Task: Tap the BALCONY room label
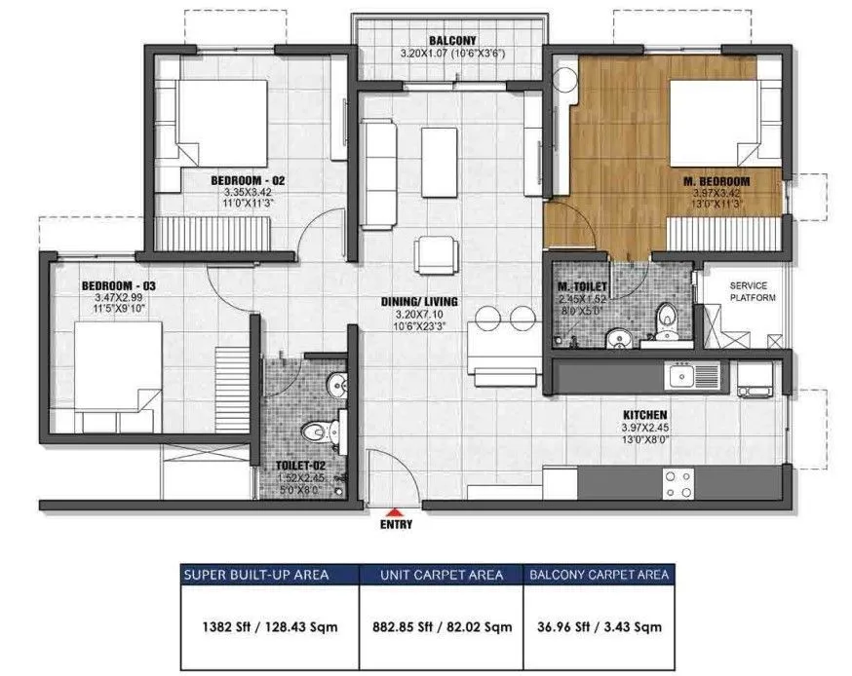451,41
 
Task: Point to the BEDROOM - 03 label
118,285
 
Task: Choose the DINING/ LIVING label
419,301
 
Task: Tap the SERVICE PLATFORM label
754,292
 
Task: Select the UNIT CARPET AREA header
442,575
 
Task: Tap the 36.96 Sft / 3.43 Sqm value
599,626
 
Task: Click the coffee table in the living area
439,161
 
